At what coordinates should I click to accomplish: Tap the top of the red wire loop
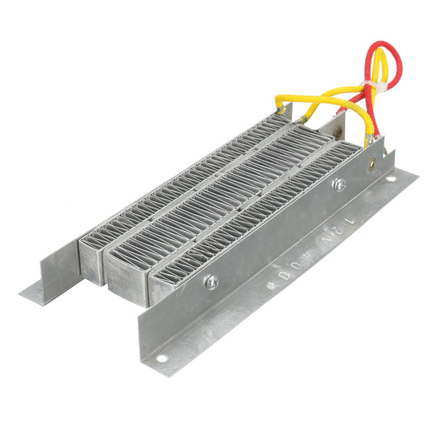click(379, 46)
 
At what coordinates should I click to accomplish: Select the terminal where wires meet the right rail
click(368, 140)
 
